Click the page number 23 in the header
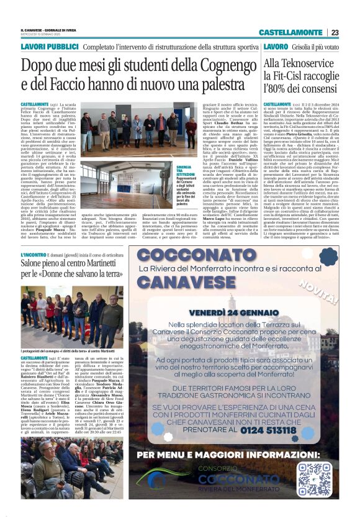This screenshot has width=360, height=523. pos(334,32)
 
